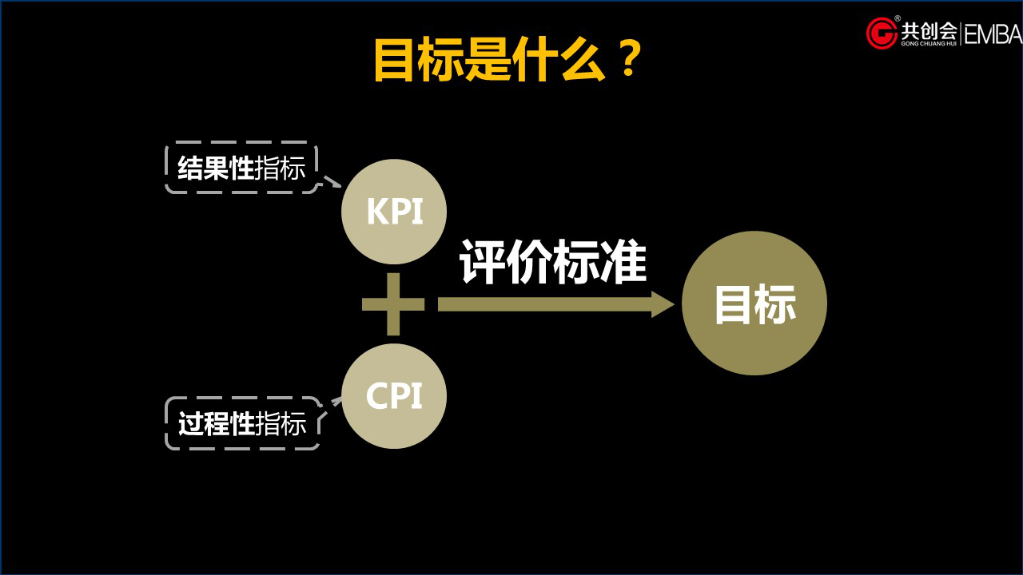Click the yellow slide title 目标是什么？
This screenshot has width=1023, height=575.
pyautogui.click(x=508, y=59)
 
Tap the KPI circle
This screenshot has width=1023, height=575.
pyautogui.click(x=393, y=212)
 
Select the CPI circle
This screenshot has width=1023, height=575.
pyautogui.click(x=393, y=396)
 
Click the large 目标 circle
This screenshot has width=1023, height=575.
pyautogui.click(x=754, y=303)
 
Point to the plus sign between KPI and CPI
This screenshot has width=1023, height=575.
pyautogui.click(x=393, y=304)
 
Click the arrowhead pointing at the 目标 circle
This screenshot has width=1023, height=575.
pyautogui.click(x=663, y=304)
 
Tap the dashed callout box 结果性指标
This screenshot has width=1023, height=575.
pyautogui.click(x=241, y=168)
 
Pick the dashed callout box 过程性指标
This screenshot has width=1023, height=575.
pyautogui.click(x=242, y=423)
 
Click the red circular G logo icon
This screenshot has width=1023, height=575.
pyautogui.click(x=882, y=33)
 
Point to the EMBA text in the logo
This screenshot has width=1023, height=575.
pyautogui.click(x=993, y=34)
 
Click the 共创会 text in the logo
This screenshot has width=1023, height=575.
pyautogui.click(x=929, y=30)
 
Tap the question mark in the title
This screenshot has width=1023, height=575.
pyautogui.click(x=629, y=59)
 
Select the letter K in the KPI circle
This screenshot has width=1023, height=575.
pyautogui.click(x=376, y=212)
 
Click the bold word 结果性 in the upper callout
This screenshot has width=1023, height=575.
pyautogui.click(x=216, y=169)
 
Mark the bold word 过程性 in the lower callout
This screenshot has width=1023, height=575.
pyautogui.click(x=216, y=424)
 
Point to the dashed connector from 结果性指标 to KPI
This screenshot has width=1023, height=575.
pyautogui.click(x=332, y=181)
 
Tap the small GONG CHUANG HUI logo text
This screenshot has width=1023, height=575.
pyautogui.click(x=929, y=44)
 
